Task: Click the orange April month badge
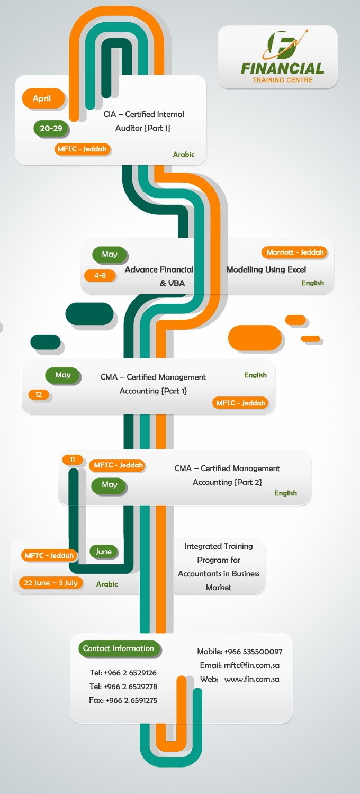point(42,98)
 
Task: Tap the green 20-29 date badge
point(51,128)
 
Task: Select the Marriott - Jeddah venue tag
point(295,252)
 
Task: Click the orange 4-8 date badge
point(100,275)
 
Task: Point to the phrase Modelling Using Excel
point(266,269)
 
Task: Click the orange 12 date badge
point(39,394)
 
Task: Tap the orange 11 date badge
point(73,459)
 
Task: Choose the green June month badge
point(104,552)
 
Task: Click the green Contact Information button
point(119,648)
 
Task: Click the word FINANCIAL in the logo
point(282,68)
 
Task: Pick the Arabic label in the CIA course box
point(184,155)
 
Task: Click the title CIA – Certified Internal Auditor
point(143,121)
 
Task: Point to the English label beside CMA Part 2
point(285,493)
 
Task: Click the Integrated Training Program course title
point(219,566)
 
